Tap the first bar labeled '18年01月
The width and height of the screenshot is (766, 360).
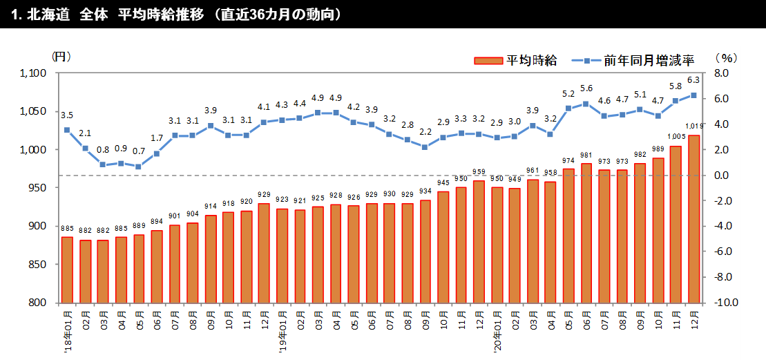point(67,269)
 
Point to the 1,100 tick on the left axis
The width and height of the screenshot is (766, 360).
point(33,73)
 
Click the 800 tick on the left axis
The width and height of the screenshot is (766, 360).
point(37,303)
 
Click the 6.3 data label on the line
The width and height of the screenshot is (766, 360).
point(694,80)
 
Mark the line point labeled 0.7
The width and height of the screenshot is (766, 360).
point(139,167)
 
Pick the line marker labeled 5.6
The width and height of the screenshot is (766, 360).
point(586,104)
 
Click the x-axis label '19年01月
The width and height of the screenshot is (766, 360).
point(283,331)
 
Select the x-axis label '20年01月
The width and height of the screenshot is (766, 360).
point(498,331)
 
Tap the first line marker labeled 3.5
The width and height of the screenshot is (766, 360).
point(67,130)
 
